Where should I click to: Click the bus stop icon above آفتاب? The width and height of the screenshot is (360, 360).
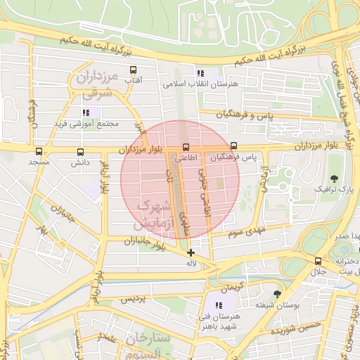pyautogui.click(x=133, y=70)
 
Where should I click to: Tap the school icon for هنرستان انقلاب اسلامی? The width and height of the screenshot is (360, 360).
pyautogui.click(x=200, y=72)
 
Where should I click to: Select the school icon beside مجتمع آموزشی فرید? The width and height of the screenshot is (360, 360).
pyautogui.click(x=86, y=112)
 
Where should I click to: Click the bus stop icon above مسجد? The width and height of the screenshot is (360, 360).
pyautogui.click(x=38, y=151)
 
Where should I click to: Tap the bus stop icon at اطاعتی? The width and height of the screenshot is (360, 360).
pyautogui.click(x=186, y=148)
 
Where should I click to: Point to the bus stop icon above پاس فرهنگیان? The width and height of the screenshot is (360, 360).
pyautogui.click(x=233, y=148)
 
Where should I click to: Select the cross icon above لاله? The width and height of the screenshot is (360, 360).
pyautogui.click(x=191, y=252)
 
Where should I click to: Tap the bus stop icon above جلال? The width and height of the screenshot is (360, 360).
pyautogui.click(x=319, y=261)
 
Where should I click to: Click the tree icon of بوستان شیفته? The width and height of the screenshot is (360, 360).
pyautogui.click(x=278, y=293)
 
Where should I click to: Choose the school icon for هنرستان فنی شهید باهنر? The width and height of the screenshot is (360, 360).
pyautogui.click(x=219, y=304)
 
